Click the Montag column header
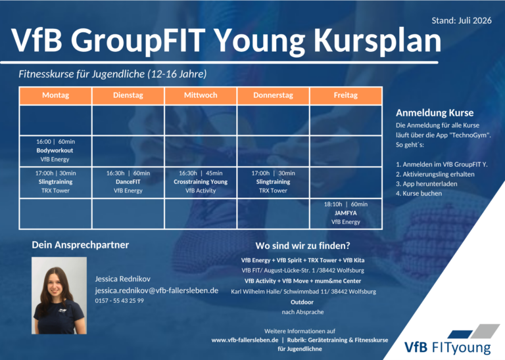(55, 95)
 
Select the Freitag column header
(346, 95)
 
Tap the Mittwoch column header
(201, 95)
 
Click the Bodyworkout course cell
(55, 150)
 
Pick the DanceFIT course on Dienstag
(128, 182)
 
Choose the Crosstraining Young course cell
(201, 182)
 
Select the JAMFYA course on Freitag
(346, 214)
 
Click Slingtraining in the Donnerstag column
(273, 182)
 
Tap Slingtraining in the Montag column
(55, 182)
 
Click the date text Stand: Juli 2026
(462, 20)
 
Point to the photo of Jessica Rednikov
(59, 296)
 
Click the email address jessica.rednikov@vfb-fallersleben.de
(156, 290)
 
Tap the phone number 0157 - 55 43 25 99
(119, 300)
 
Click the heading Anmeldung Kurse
(435, 112)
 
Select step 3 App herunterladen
(426, 184)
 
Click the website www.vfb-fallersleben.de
(245, 340)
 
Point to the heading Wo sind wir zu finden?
(302, 246)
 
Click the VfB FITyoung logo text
(448, 347)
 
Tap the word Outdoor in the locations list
(302, 302)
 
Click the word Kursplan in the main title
(377, 41)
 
